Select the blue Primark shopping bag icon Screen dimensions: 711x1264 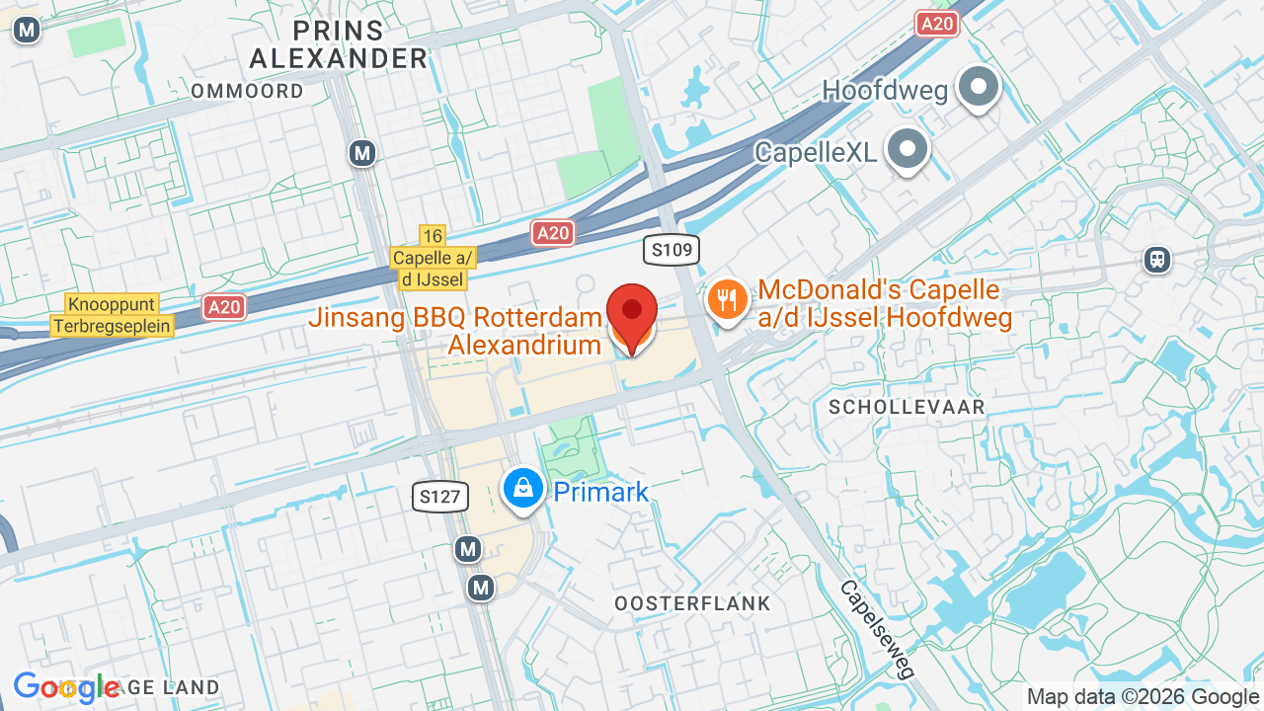pyautogui.click(x=523, y=488)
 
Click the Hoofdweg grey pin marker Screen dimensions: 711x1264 pyautogui.click(x=978, y=88)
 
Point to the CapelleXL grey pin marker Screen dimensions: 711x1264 pyautogui.click(x=907, y=149)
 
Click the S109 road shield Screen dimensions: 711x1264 pyautogui.click(x=671, y=250)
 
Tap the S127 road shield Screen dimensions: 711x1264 pyautogui.click(x=439, y=496)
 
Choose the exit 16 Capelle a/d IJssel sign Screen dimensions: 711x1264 pyautogui.click(x=433, y=258)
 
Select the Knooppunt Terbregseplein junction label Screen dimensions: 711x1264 pyautogui.click(x=113, y=315)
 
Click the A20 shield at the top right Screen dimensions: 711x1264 pyautogui.click(x=937, y=24)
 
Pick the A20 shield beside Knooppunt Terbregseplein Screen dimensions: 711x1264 pyautogui.click(x=224, y=307)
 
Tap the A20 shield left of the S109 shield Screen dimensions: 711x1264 pyautogui.click(x=553, y=233)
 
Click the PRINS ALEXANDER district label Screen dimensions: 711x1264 pyautogui.click(x=339, y=43)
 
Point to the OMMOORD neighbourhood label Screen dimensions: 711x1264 pyautogui.click(x=247, y=91)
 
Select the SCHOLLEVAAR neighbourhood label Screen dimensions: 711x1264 pyautogui.click(x=907, y=407)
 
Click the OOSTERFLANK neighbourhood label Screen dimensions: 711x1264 pyautogui.click(x=692, y=602)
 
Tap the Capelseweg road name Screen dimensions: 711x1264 pyautogui.click(x=877, y=628)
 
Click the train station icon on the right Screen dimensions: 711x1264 pyautogui.click(x=1157, y=260)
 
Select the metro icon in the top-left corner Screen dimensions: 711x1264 pyautogui.click(x=27, y=30)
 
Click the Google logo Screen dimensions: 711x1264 pyautogui.click(x=66, y=687)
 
